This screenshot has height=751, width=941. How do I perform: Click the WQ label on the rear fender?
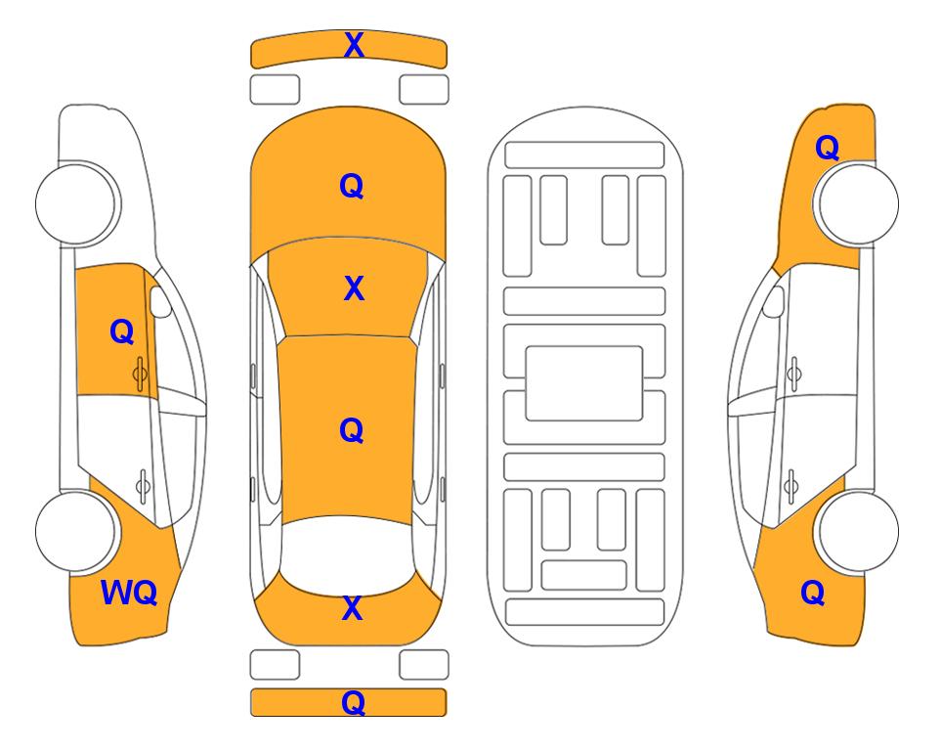click(x=129, y=593)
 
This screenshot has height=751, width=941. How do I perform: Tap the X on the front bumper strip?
click(x=354, y=45)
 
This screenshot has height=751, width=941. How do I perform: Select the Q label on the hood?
click(x=352, y=186)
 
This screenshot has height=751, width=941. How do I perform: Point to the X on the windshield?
click(x=354, y=288)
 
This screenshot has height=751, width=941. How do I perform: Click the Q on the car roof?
click(x=352, y=430)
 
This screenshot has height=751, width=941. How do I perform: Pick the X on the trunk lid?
click(x=353, y=608)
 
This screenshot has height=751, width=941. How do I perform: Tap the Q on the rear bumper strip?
click(x=353, y=702)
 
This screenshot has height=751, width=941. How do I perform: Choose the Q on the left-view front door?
click(x=122, y=331)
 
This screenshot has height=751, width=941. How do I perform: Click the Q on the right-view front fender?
click(x=827, y=148)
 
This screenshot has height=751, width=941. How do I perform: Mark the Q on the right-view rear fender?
click(x=813, y=593)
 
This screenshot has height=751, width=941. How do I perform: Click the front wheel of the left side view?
click(x=76, y=203)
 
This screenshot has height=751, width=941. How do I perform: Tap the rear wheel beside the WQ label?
click(x=76, y=531)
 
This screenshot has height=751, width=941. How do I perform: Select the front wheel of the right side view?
click(x=857, y=203)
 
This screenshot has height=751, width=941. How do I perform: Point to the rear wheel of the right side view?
click(x=857, y=531)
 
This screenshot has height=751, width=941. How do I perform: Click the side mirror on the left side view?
click(x=160, y=301)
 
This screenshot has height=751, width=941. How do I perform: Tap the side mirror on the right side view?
click(x=774, y=301)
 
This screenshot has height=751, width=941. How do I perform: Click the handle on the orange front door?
click(x=140, y=374)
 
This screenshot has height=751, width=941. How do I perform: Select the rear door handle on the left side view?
click(x=143, y=485)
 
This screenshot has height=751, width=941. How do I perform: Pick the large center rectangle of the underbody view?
click(x=584, y=383)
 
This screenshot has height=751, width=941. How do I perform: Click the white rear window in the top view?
click(x=348, y=553)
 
